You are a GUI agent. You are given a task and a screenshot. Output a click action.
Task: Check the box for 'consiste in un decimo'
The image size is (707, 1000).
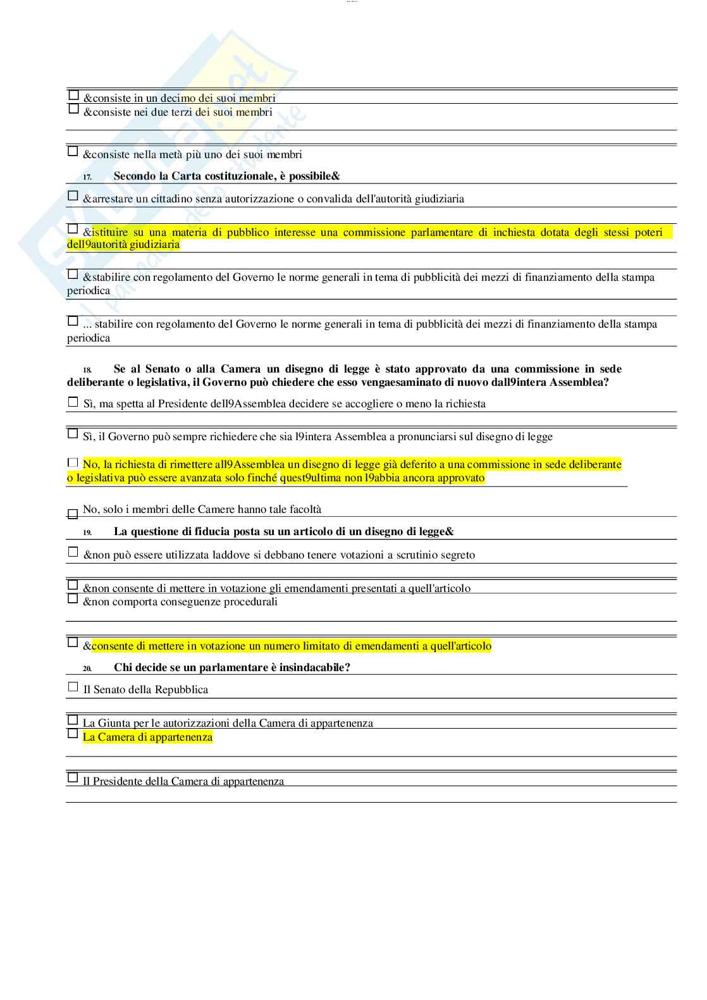73,96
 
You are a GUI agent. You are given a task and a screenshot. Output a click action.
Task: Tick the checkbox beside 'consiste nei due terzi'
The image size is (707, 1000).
73,109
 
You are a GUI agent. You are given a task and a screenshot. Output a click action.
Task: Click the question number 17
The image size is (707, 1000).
87,177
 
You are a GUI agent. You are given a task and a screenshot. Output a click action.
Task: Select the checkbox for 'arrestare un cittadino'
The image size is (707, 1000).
73,196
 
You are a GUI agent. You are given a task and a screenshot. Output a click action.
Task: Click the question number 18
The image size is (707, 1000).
87,370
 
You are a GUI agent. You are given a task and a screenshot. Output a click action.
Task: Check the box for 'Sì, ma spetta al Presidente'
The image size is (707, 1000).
73,402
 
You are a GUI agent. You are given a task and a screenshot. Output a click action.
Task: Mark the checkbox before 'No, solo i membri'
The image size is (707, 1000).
73,514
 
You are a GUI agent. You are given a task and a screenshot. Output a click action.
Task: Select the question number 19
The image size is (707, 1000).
87,533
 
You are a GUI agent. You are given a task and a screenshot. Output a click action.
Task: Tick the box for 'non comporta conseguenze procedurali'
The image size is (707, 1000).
73,598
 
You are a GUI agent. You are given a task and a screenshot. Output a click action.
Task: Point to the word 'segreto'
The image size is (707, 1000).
457,555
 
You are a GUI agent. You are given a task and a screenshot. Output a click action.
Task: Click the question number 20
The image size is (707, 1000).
87,669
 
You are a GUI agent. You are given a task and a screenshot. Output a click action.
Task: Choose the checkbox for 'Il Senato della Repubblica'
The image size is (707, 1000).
73,687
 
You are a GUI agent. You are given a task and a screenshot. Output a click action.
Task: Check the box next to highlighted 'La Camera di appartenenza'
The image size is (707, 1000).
73,734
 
